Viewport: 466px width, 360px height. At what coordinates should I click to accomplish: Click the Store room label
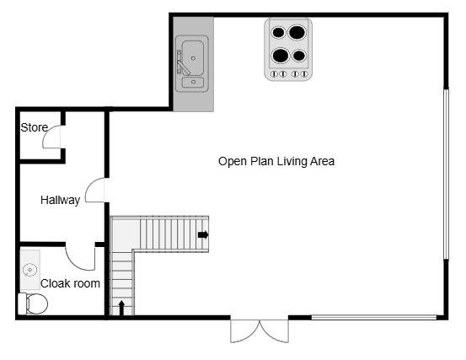(x=35, y=127)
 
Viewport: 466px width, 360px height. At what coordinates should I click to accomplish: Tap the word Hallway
(x=61, y=200)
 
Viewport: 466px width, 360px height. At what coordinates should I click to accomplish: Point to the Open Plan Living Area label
(x=276, y=161)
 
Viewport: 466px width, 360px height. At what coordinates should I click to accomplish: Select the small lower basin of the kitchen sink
(x=194, y=82)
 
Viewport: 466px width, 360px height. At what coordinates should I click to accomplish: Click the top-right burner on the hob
(x=297, y=34)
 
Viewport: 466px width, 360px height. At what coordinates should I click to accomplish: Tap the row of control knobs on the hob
(x=288, y=74)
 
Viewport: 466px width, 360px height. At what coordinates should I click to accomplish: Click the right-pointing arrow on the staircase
(x=203, y=234)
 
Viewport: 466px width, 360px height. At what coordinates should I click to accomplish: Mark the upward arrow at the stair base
(x=122, y=306)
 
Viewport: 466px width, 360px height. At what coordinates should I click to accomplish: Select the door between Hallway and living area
(x=95, y=191)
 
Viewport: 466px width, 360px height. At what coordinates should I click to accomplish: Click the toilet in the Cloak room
(x=33, y=304)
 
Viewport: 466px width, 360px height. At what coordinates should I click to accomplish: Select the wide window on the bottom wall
(x=373, y=317)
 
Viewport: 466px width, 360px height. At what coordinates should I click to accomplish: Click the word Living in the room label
(x=279, y=161)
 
